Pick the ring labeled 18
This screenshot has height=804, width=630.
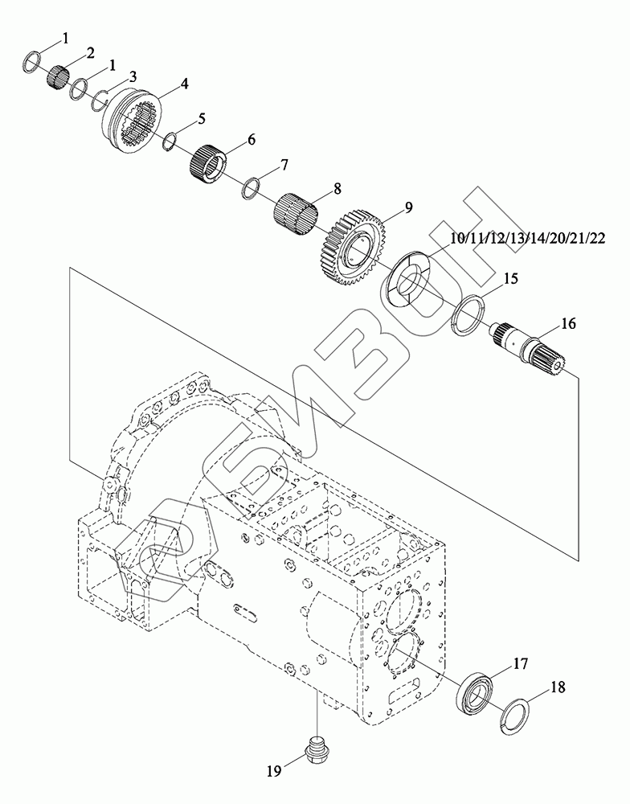pos(517,712)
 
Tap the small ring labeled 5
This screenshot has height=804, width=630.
pos(170,142)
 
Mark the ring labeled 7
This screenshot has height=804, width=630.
pos(250,188)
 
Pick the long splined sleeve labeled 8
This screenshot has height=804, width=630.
pos(297,212)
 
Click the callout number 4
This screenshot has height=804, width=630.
pos(185,83)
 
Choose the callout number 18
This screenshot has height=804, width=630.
pos(558,687)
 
